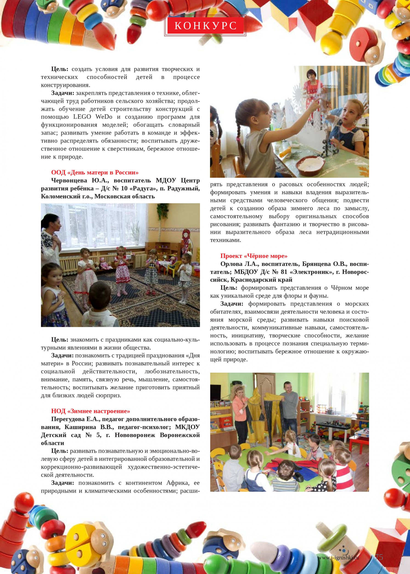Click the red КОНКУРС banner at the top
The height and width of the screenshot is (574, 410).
[x=205, y=25]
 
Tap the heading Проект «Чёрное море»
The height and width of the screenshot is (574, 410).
[x=254, y=256]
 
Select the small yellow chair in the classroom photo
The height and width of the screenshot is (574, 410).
[x=174, y=271]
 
